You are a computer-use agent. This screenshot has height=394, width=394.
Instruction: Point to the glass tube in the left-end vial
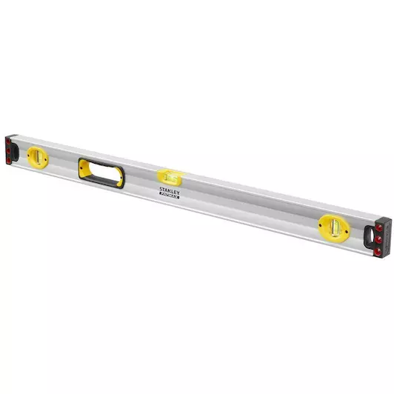pyautogui.click(x=35, y=155)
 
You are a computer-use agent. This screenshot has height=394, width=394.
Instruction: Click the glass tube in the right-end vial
pyautogui.click(x=330, y=227)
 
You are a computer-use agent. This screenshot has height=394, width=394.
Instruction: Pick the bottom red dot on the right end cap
pyautogui.click(x=380, y=251)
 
